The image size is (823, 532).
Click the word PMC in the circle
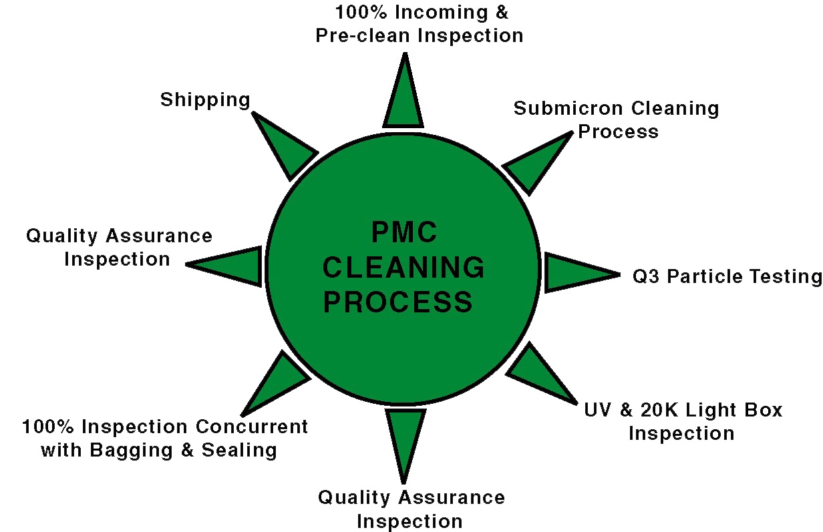tap(404, 233)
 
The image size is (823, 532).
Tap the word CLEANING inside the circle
tap(403, 268)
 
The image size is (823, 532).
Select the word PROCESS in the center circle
tap(398, 302)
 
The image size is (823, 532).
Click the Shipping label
tap(205, 100)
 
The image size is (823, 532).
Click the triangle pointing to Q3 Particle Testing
tap(574, 272)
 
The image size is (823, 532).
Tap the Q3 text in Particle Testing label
tap(645, 276)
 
